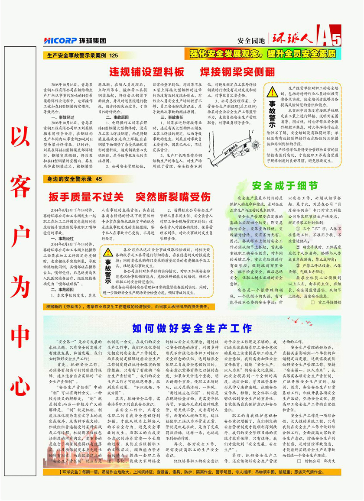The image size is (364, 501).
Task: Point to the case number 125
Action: pyautogui.click(x=114, y=56)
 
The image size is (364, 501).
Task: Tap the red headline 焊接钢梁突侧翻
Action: pyautogui.click(x=231, y=71)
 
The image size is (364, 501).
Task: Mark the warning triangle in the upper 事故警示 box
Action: pyautogui.click(x=272, y=91)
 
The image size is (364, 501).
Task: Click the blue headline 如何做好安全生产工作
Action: pyautogui.click(x=192, y=328)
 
